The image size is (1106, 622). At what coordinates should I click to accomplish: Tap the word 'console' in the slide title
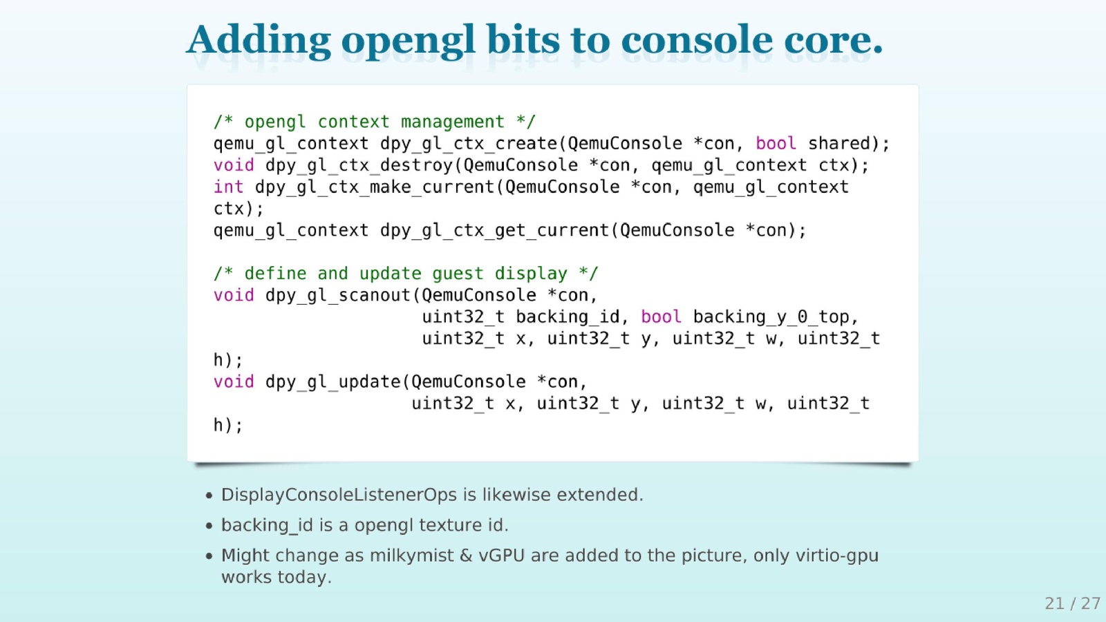pyautogui.click(x=696, y=39)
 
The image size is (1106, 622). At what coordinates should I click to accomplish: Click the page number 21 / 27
pyautogui.click(x=1072, y=603)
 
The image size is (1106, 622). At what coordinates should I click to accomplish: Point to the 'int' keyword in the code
pyautogui.click(x=228, y=187)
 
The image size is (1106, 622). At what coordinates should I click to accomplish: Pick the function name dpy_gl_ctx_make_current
pyautogui.click(x=375, y=187)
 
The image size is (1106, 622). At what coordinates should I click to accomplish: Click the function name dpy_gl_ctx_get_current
pyautogui.click(x=495, y=231)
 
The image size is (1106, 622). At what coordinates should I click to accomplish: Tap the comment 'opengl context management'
pyautogui.click(x=374, y=122)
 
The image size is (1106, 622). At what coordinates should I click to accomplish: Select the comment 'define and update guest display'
pyautogui.click(x=405, y=274)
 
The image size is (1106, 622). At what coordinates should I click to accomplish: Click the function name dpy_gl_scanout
pyautogui.click(x=338, y=295)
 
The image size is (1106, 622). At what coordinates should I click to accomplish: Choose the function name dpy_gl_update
pyautogui.click(x=333, y=382)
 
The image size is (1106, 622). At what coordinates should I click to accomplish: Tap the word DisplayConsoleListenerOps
pyautogui.click(x=339, y=495)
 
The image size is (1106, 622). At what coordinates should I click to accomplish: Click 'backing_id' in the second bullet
pyautogui.click(x=267, y=525)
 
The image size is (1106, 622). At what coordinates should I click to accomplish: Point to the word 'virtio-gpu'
pyautogui.click(x=837, y=556)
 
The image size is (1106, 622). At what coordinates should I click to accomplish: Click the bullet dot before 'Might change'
pyautogui.click(x=209, y=556)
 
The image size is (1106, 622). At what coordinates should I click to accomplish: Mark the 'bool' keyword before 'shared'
pyautogui.click(x=776, y=143)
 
